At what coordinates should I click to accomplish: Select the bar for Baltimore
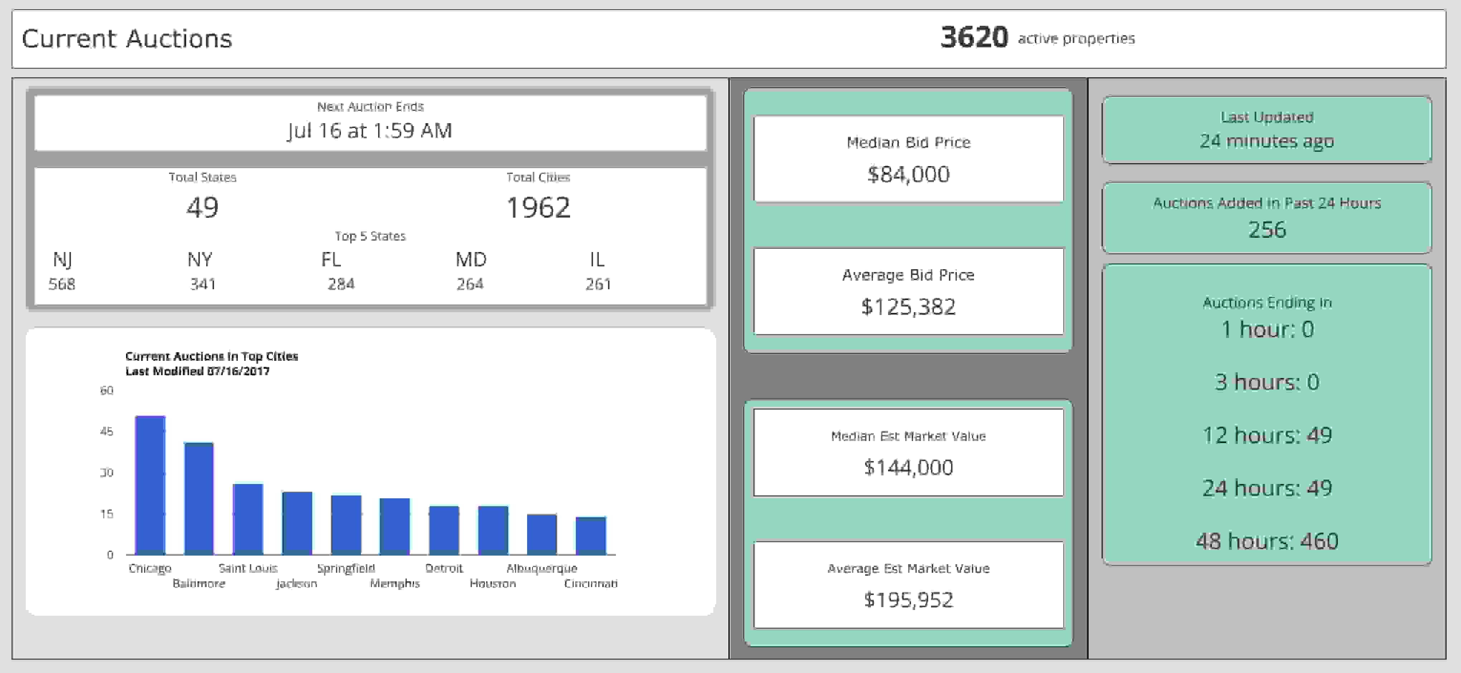[199, 498]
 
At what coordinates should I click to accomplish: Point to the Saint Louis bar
[248, 519]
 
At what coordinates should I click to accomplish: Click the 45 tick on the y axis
[107, 431]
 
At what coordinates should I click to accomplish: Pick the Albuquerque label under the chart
[542, 568]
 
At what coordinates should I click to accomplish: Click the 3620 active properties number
[974, 38]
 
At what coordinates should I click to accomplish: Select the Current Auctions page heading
[127, 39]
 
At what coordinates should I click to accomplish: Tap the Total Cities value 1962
[538, 207]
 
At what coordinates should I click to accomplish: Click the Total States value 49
[202, 207]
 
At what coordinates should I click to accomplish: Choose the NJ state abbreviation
[62, 260]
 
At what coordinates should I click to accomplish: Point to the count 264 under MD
[470, 284]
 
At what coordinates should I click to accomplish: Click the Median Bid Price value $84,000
[908, 174]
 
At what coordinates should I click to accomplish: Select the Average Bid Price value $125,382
[908, 307]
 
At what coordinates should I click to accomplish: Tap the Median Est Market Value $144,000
[908, 467]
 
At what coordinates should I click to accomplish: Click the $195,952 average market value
[908, 599]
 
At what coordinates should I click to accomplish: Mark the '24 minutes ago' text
[1267, 141]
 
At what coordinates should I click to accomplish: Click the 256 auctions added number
[1267, 229]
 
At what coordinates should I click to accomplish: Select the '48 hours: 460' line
[1267, 541]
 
